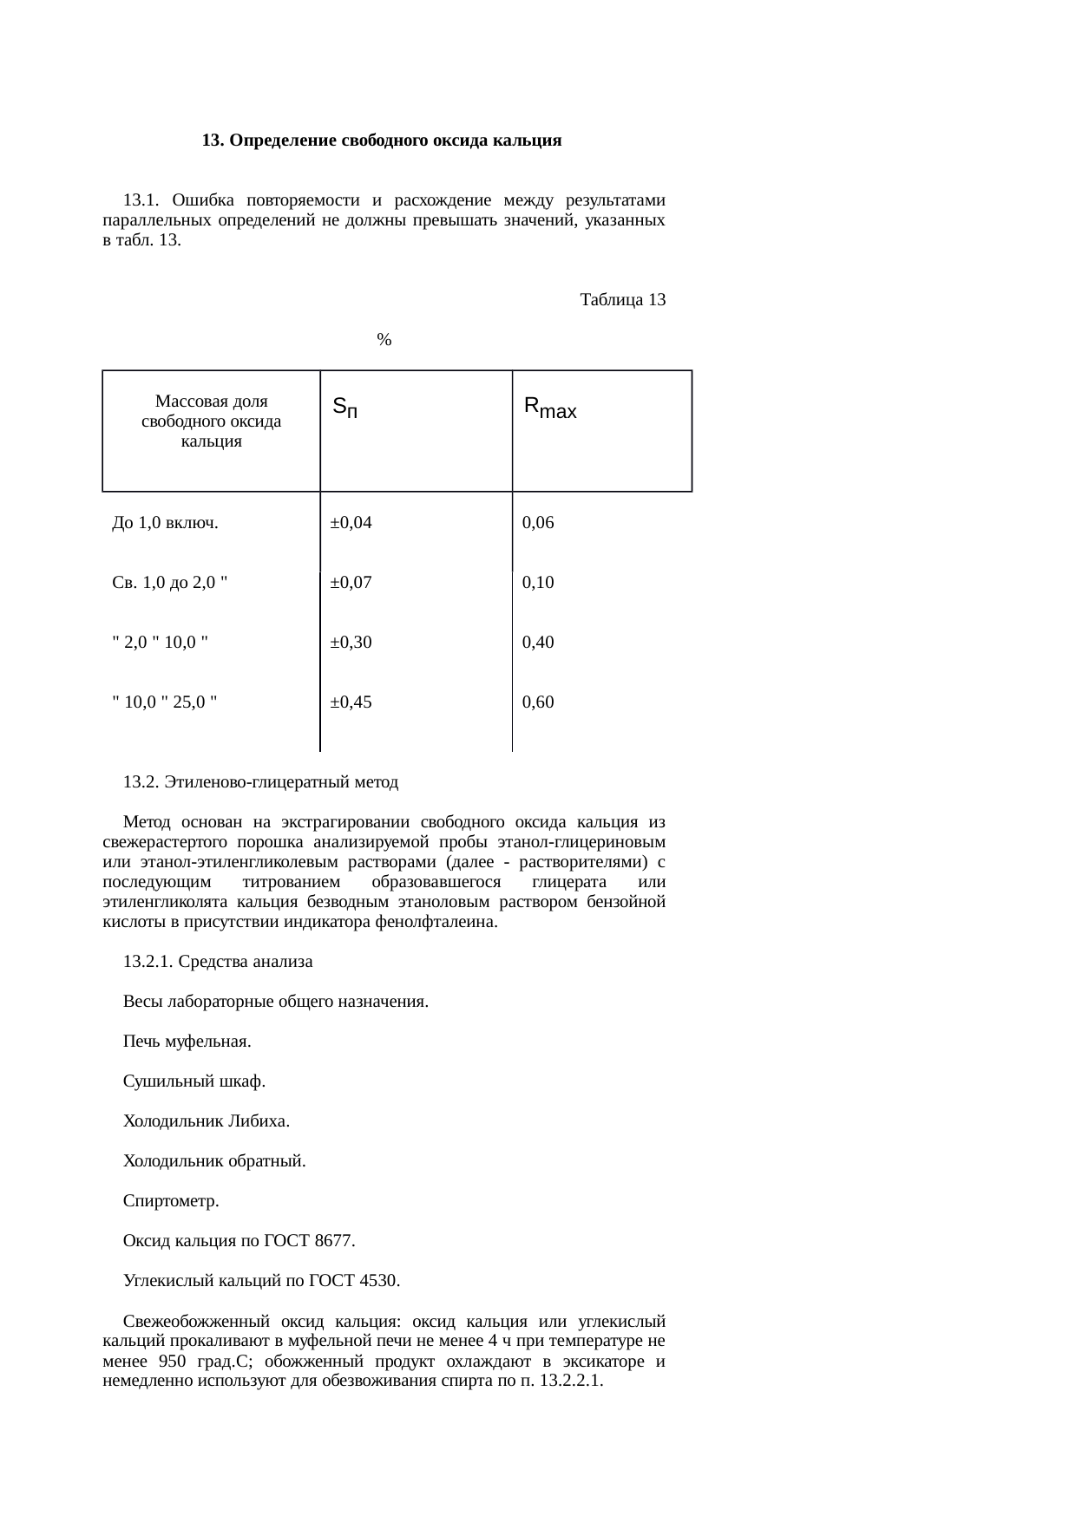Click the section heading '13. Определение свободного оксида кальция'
(382, 140)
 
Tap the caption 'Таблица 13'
(622, 300)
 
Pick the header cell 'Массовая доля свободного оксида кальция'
(211, 421)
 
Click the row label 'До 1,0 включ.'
(165, 523)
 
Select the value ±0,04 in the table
(351, 523)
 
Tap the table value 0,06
(538, 523)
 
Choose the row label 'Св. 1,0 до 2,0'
(170, 583)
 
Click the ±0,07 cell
(351, 583)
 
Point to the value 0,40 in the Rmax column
(538, 643)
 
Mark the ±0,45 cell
(351, 702)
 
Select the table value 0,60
(538, 702)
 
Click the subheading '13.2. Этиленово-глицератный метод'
(260, 782)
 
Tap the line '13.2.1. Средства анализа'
(218, 962)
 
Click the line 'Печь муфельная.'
(187, 1041)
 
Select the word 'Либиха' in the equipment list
(257, 1121)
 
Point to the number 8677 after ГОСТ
(334, 1241)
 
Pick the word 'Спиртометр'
(169, 1202)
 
